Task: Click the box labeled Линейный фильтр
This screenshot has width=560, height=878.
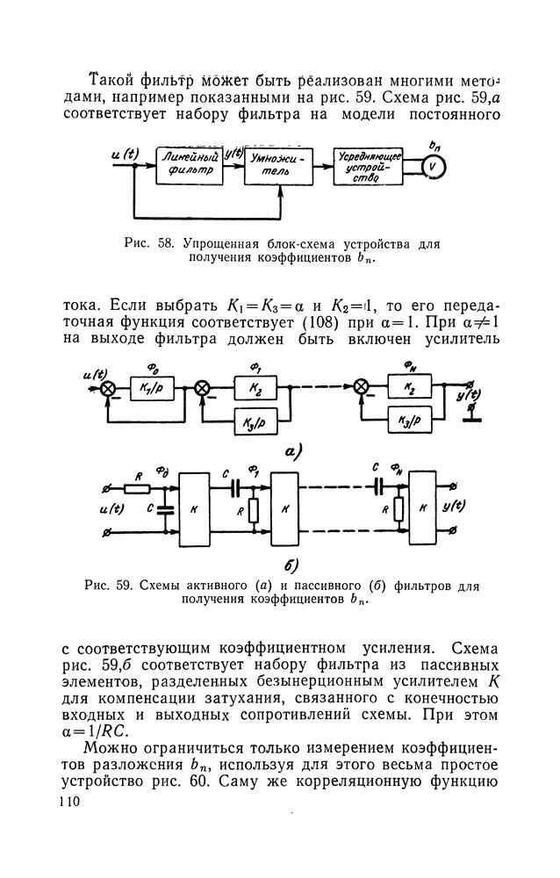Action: (x=188, y=164)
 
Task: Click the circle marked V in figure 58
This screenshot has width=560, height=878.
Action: (x=431, y=165)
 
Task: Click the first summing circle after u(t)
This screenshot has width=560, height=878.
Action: (x=108, y=388)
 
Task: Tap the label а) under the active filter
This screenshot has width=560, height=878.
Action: (x=292, y=453)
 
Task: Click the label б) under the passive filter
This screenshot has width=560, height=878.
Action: (x=291, y=564)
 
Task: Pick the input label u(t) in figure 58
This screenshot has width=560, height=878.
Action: (x=126, y=154)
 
